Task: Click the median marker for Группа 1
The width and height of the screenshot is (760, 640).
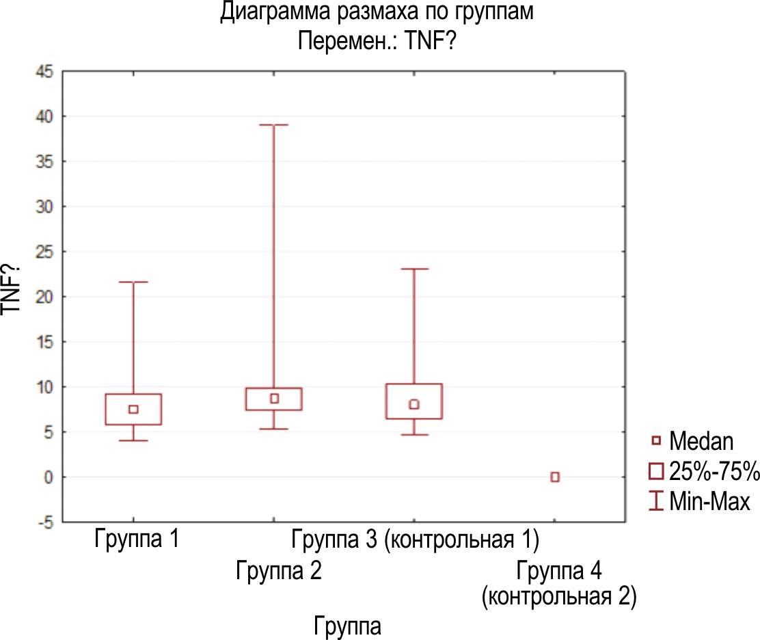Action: [x=133, y=409]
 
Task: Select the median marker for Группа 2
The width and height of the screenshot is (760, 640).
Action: [x=274, y=398]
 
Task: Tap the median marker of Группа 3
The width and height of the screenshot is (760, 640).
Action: [x=413, y=404]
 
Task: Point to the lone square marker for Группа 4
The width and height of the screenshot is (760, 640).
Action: [x=555, y=477]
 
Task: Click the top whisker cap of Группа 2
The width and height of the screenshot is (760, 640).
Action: [x=273, y=125]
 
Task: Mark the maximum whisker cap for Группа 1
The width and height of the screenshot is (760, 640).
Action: [x=133, y=282]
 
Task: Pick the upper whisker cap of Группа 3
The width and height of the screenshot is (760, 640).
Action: [x=413, y=269]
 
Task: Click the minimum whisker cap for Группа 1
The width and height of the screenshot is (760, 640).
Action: [x=133, y=440]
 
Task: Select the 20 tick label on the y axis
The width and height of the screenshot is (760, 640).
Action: [x=43, y=297]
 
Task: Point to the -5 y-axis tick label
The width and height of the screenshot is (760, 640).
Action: [x=45, y=522]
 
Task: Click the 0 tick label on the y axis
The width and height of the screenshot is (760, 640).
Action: [x=49, y=477]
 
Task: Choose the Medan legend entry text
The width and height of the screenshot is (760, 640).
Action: [x=701, y=441]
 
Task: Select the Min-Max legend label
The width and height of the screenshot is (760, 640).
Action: [x=709, y=502]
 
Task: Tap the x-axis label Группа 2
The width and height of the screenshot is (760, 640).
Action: [x=278, y=570]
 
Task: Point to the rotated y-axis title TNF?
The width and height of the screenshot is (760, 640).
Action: [x=14, y=289]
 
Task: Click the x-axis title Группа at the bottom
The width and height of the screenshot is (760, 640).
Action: [x=347, y=625]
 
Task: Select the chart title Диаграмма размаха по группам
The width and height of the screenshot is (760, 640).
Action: [x=376, y=14]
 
